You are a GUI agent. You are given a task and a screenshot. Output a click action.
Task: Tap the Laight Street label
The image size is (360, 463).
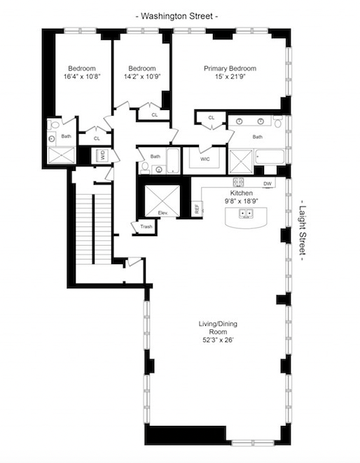(304, 231)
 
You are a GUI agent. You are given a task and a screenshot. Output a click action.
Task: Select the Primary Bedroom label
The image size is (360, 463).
(230, 69)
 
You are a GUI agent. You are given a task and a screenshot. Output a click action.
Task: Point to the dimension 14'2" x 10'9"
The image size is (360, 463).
(142, 76)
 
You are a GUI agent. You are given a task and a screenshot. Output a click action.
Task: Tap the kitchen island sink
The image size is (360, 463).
(247, 215)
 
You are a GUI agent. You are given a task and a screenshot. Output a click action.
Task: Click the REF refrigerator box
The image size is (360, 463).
(197, 208)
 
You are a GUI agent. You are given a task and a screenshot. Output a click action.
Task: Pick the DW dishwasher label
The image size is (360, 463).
(268, 184)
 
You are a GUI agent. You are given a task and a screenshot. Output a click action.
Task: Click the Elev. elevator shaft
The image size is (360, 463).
(162, 200)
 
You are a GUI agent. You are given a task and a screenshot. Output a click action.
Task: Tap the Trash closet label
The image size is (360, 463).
(146, 227)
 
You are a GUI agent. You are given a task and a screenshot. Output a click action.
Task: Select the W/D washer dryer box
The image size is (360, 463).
(102, 156)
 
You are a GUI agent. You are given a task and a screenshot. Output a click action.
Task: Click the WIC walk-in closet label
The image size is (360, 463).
(205, 160)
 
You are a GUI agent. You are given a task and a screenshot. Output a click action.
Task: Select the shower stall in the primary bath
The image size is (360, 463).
(242, 159)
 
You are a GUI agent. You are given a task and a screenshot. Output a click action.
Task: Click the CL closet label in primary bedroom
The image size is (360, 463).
(211, 118)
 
